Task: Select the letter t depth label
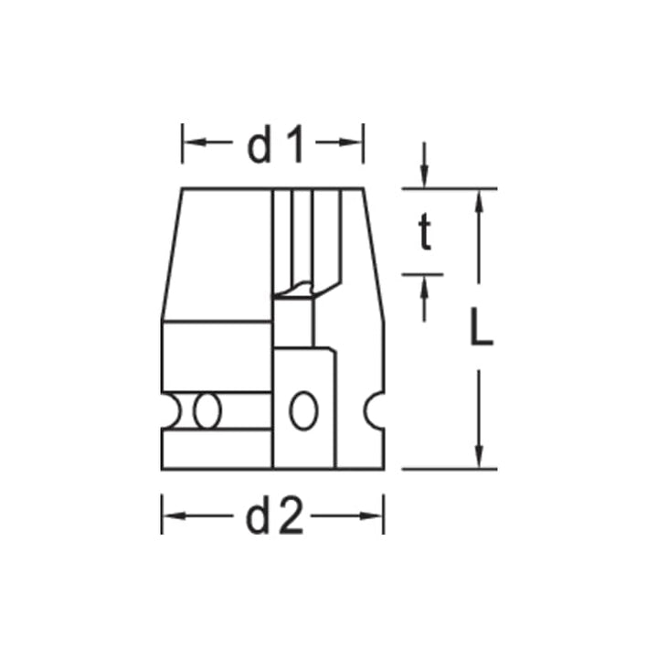pyautogui.click(x=423, y=235)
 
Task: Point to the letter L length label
pyautogui.click(x=481, y=328)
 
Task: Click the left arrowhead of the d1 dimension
pyautogui.click(x=189, y=143)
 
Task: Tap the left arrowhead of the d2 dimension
pyautogui.click(x=170, y=518)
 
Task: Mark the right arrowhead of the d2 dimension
pyautogui.click(x=376, y=518)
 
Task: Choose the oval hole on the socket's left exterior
pyautogui.click(x=207, y=410)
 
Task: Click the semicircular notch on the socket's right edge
pyautogui.click(x=374, y=410)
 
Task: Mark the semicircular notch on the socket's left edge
pyautogui.click(x=169, y=410)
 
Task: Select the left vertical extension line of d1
pyautogui.click(x=182, y=143)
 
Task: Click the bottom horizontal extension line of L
pyautogui.click(x=448, y=469)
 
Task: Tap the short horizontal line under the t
pyautogui.click(x=421, y=273)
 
